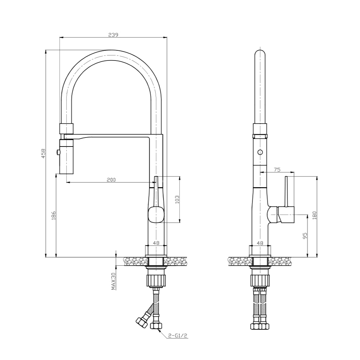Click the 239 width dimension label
click(113, 35)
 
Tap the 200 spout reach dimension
click(111, 180)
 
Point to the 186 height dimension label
click(54, 215)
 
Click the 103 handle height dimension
click(177, 200)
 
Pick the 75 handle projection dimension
click(277, 170)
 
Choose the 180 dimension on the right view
click(314, 215)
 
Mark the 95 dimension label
click(305, 236)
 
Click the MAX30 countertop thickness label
click(113, 281)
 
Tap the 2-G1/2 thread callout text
click(178, 336)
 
